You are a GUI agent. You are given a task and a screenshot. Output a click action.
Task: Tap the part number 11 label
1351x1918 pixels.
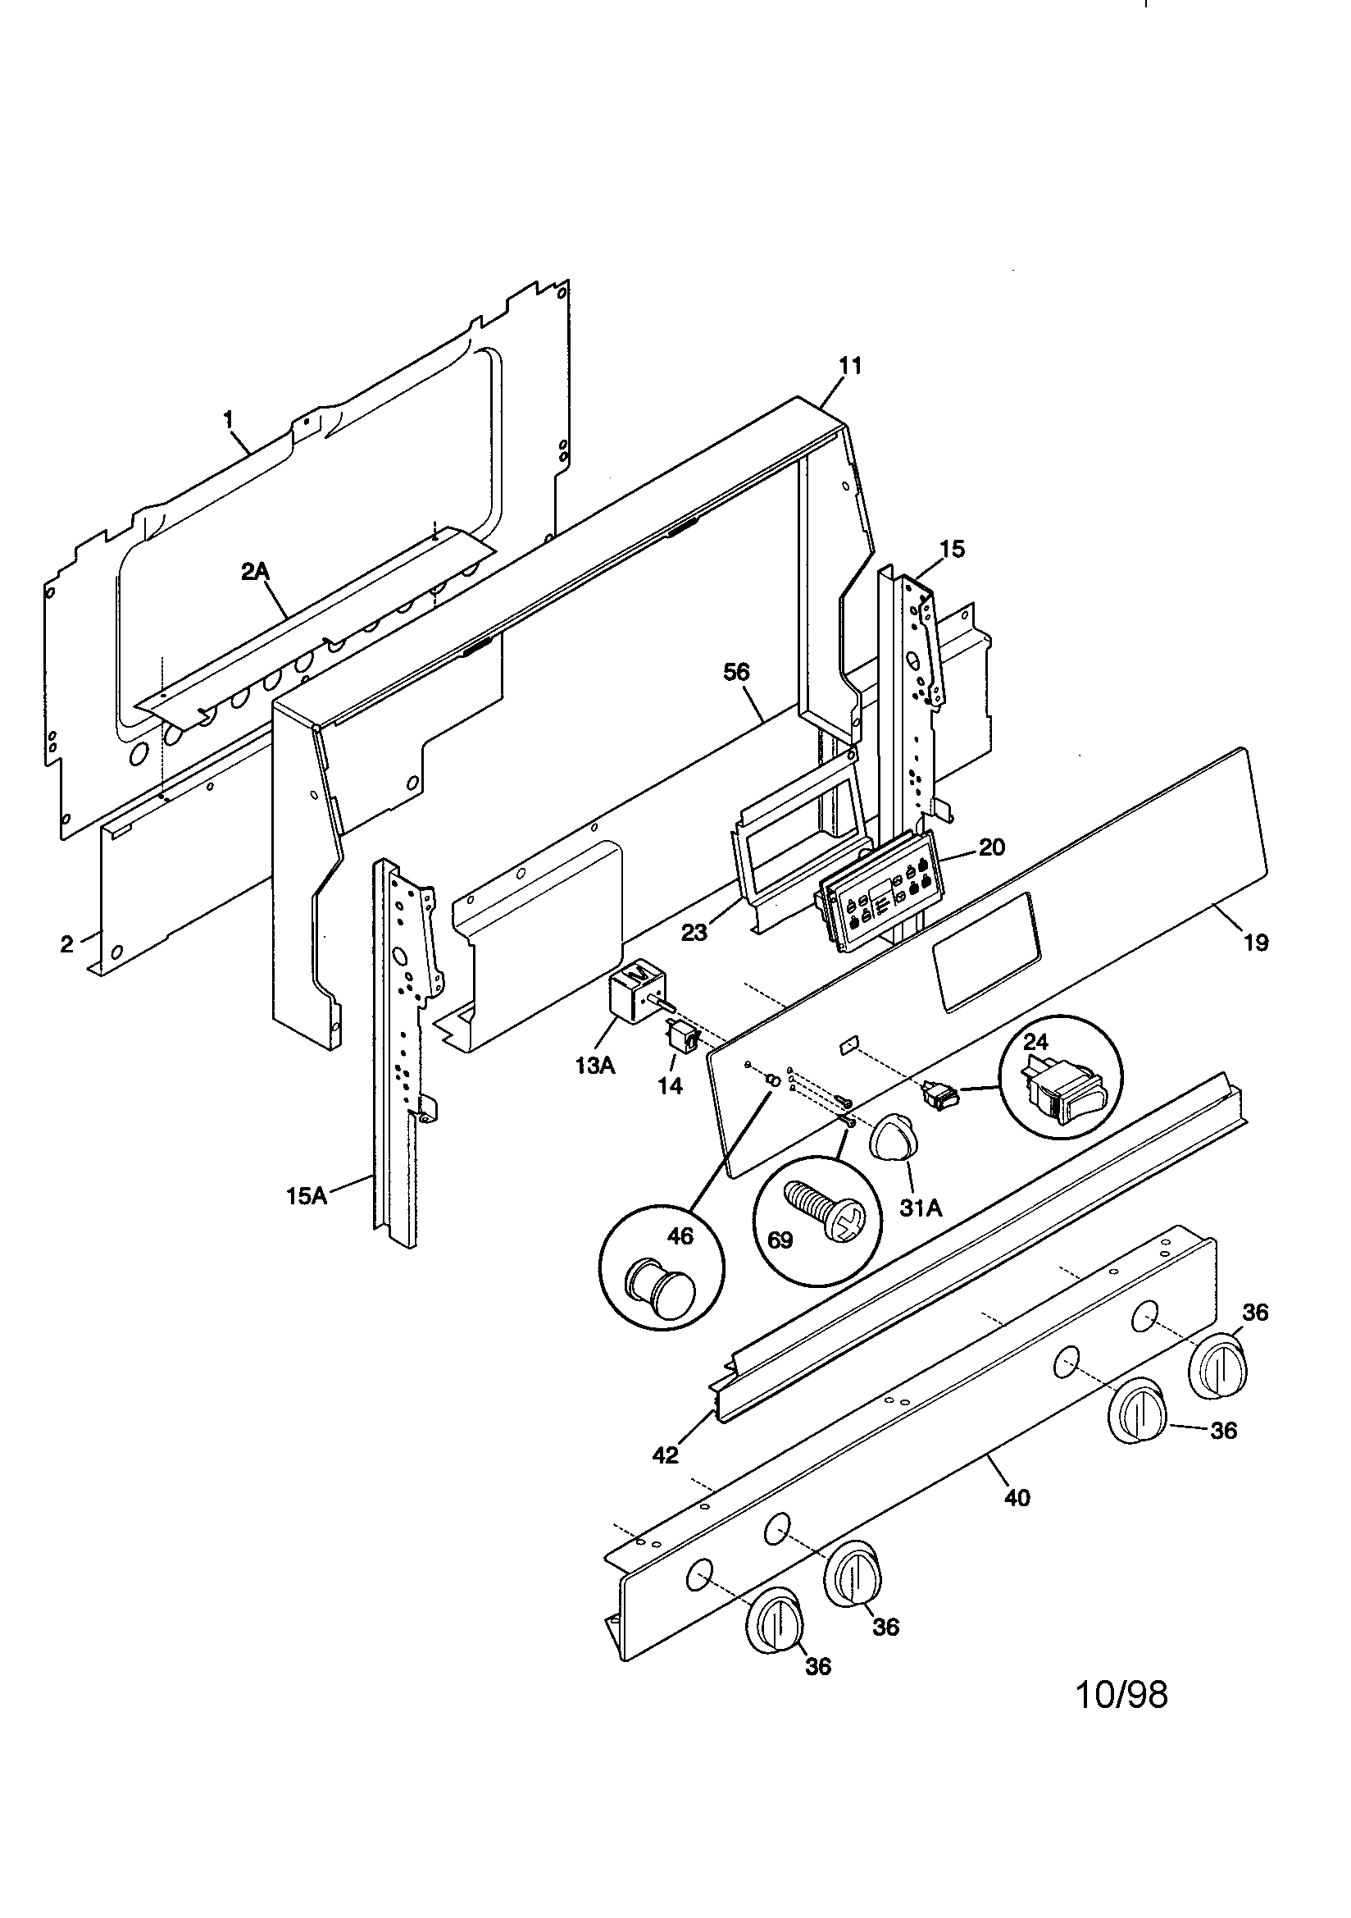850,366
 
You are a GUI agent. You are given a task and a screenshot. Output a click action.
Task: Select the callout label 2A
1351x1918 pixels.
256,572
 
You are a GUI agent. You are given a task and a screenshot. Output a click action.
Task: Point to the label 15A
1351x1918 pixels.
307,1196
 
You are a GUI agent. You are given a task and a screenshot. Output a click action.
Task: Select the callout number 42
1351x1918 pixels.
666,1455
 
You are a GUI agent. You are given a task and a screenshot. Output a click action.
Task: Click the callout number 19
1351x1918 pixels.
1256,943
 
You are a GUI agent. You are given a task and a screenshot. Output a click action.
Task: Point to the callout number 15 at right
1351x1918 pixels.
952,549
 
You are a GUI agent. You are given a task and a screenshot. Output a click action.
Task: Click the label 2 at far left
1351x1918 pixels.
66,945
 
